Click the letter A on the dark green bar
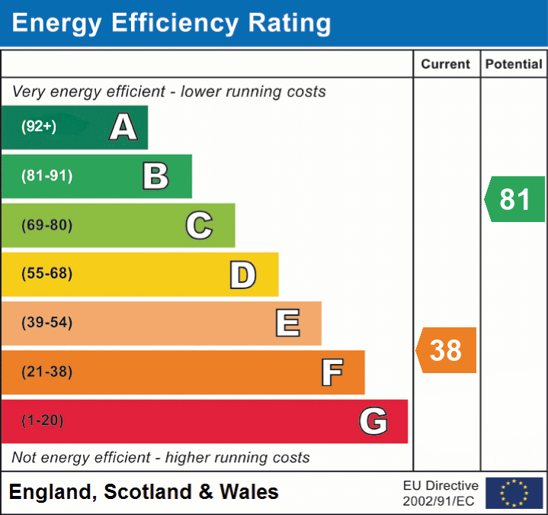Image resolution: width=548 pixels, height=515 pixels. [123, 127]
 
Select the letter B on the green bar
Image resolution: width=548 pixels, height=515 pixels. [155, 176]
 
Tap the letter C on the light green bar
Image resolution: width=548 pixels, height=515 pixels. [199, 225]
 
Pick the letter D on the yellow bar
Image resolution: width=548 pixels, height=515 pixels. [242, 275]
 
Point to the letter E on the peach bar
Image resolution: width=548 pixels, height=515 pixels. [287, 323]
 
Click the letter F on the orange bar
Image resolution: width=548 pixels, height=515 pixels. [332, 372]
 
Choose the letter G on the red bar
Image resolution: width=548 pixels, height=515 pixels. [373, 421]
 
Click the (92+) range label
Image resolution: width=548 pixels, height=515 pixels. [39, 127]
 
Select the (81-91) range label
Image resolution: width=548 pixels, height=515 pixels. [46, 176]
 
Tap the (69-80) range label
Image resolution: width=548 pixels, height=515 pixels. [46, 225]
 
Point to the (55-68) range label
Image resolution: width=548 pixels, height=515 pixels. [46, 274]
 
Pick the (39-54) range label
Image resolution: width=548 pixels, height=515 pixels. [46, 323]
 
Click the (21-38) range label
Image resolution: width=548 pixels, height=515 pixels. [46, 372]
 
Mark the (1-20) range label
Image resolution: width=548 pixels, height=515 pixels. [43, 420]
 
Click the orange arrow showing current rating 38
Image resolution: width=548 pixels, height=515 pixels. [447, 350]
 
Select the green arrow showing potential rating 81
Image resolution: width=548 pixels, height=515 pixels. [515, 199]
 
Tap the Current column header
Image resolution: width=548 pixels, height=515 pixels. [447, 65]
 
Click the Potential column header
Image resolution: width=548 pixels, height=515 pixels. [514, 65]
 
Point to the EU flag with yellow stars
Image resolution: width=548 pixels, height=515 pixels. [514, 493]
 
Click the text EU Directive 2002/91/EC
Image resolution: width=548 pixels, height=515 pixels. [441, 493]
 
